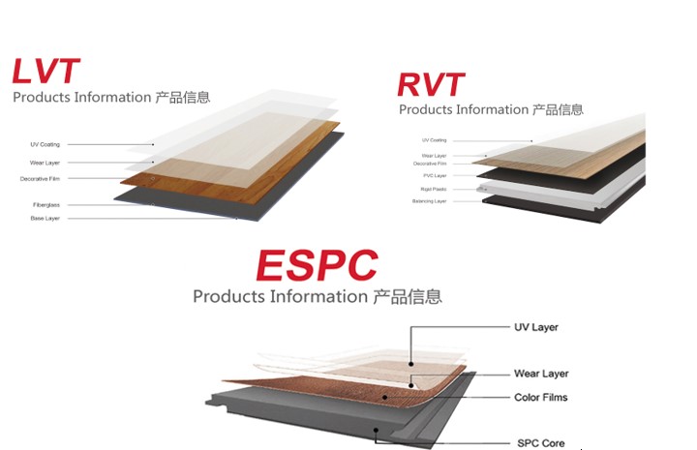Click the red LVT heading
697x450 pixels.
45,72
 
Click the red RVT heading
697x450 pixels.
431,84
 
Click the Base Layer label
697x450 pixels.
45,219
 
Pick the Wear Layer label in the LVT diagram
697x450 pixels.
45,163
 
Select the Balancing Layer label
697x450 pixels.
430,201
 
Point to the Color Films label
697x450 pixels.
540,398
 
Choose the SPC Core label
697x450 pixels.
539,443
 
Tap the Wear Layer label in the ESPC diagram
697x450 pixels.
540,374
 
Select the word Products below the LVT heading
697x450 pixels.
40,98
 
